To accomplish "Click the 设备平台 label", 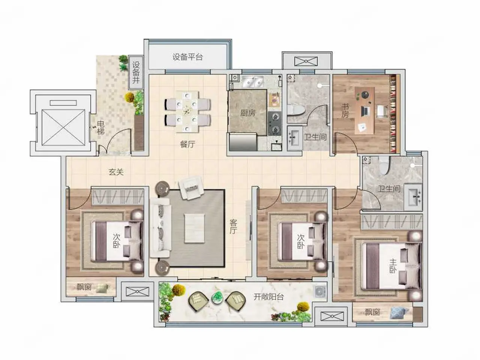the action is tap(187, 57).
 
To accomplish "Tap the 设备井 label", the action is tap(136, 72).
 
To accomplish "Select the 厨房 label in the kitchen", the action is tap(247, 113).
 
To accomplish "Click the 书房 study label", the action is tap(345, 111).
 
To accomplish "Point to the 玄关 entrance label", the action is tap(116, 172).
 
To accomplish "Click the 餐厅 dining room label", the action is tap(187, 144).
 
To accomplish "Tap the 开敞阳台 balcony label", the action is tap(268, 297).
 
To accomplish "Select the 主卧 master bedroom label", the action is tap(393, 266).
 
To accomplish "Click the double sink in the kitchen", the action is tap(253, 81).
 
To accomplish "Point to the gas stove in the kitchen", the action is tap(275, 123).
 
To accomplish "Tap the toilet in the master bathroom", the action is tap(385, 165).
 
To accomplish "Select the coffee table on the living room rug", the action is tap(194, 228).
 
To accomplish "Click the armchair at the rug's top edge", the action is tap(190, 188).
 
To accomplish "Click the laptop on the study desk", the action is tap(364, 111).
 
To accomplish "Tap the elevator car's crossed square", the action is tap(63, 127).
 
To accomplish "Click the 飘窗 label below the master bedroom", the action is tap(372, 312).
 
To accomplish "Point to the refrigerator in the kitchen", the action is tap(243, 142).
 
